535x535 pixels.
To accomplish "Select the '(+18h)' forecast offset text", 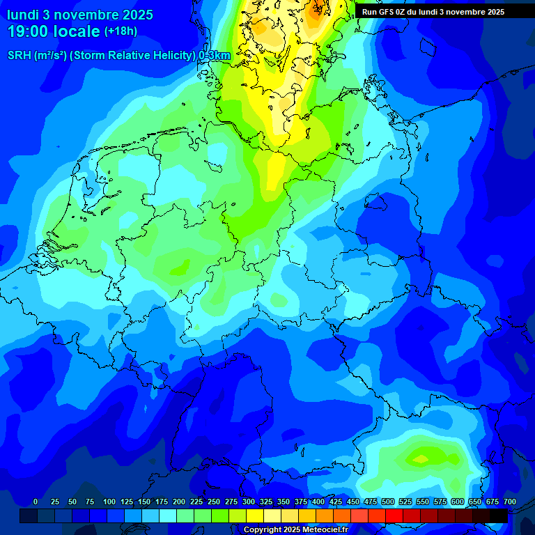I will point(121,31).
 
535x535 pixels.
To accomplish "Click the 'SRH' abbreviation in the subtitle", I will point(19,55).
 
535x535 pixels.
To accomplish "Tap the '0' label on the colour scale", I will point(36,502).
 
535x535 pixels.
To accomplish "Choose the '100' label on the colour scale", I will point(109,502).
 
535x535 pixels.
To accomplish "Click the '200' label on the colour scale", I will point(179,502).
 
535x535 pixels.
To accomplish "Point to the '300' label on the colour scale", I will point(249,502).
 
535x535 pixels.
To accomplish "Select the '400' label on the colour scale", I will point(318,502).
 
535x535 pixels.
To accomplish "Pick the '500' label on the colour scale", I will point(388,502).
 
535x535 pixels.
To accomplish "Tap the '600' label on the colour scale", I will point(458,502).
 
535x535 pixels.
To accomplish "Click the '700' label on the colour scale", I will point(510,502).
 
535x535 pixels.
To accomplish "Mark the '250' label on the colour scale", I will point(214,502).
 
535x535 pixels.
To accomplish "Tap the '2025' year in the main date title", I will point(139,15).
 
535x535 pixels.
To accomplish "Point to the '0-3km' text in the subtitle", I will point(215,55).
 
